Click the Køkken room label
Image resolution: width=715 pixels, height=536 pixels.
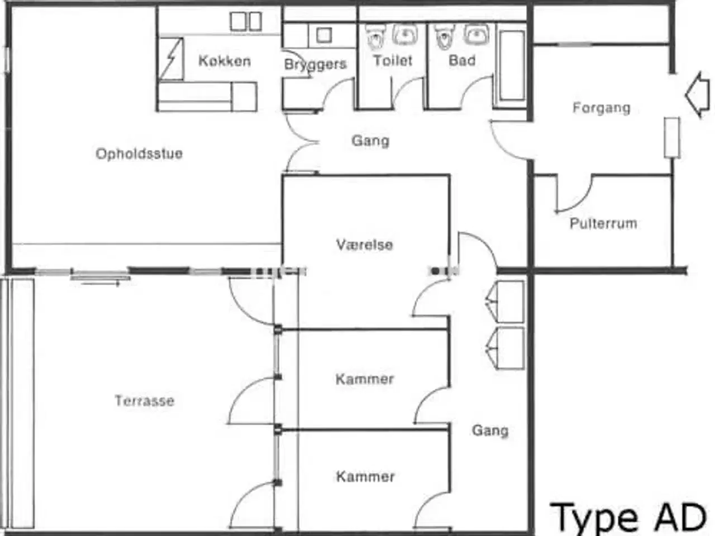224,61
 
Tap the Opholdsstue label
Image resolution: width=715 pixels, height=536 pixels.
139,154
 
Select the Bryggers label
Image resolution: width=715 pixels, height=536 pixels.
315,64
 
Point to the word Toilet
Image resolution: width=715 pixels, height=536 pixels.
393,60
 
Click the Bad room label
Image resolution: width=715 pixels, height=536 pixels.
462,60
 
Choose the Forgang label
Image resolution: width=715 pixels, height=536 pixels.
601,108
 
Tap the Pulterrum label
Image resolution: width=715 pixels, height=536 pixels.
603,223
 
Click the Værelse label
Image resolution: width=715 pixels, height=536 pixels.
364,245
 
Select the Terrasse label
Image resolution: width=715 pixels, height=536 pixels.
144,400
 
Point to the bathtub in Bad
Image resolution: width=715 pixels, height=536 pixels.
511,65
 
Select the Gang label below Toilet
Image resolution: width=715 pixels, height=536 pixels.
370,141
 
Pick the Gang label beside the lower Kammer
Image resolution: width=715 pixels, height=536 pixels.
490,430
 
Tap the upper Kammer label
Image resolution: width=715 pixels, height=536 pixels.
364,379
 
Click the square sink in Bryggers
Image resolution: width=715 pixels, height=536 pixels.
323,36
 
